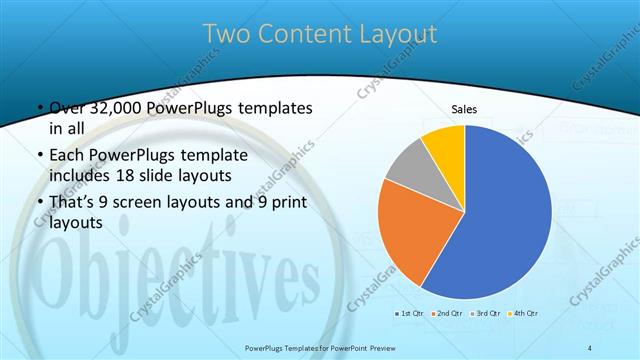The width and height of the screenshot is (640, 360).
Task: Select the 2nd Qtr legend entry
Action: (x=446, y=314)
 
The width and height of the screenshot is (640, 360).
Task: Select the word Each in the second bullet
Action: (x=67, y=155)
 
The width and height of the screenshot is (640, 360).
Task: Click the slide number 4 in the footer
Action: (x=590, y=347)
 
